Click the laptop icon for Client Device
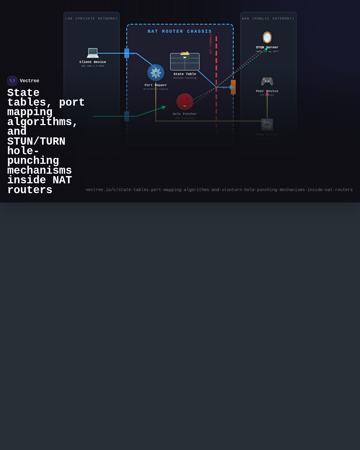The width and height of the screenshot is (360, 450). [x=93, y=53]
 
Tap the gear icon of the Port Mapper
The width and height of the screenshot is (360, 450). [x=156, y=73]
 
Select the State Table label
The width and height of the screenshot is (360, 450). [x=185, y=74]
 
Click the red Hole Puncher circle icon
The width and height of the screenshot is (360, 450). [x=185, y=101]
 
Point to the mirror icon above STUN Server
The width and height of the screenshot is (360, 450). [x=267, y=37]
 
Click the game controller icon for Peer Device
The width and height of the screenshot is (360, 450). [x=267, y=81]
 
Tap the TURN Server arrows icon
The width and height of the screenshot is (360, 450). [x=267, y=124]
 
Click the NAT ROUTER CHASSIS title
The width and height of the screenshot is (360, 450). [x=180, y=31]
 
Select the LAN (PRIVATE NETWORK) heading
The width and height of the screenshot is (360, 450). [x=91, y=19]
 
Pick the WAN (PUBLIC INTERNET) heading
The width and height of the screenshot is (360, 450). [x=268, y=19]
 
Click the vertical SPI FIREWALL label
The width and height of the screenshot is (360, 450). [x=211, y=44]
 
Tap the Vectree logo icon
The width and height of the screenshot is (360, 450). [x=12, y=81]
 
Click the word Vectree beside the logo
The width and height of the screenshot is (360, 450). [x=29, y=81]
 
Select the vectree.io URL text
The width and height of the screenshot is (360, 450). [x=219, y=190]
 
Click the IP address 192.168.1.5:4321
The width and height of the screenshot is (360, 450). [x=93, y=66]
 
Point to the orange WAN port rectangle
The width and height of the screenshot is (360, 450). [x=233, y=87]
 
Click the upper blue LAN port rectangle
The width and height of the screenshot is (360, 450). [x=127, y=53]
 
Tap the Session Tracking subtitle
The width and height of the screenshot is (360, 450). [x=185, y=78]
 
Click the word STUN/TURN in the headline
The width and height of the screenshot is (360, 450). [x=36, y=142]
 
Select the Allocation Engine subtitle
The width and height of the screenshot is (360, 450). [x=156, y=89]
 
